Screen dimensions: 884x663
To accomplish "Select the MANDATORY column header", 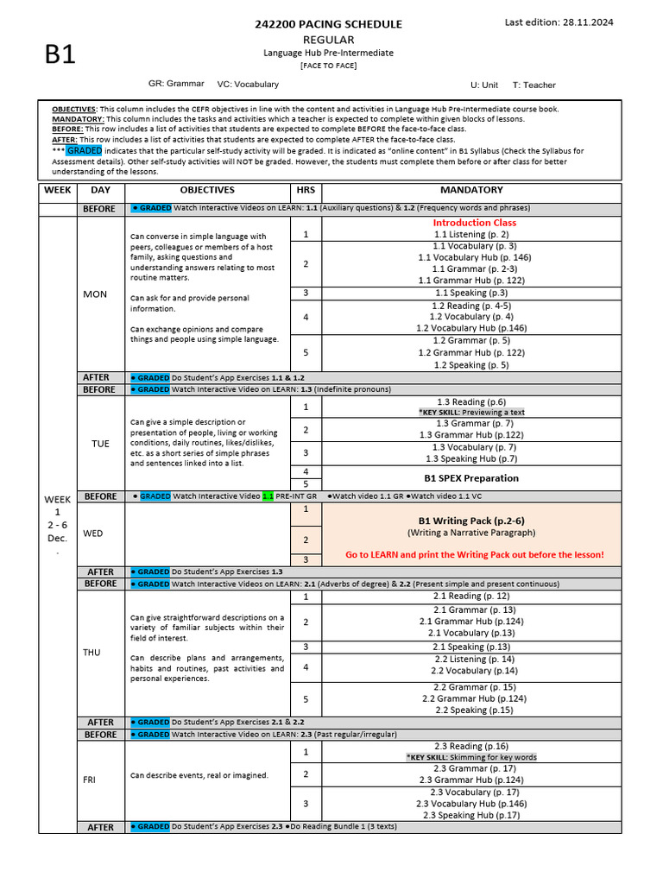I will (x=471, y=190).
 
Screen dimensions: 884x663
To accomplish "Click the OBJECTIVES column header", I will (x=207, y=190).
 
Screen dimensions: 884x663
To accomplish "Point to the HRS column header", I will (x=305, y=190).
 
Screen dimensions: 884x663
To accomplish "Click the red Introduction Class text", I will (x=474, y=222).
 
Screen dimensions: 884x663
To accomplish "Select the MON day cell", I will (x=95, y=294).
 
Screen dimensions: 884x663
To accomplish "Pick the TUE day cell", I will (x=101, y=443).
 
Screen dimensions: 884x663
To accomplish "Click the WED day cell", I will (x=93, y=534).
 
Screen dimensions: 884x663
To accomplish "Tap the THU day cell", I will (x=92, y=653).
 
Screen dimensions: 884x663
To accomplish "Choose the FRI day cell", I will (x=89, y=780).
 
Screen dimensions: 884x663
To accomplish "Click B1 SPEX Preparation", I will (x=471, y=477).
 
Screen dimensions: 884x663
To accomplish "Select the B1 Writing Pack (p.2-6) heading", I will (x=471, y=521).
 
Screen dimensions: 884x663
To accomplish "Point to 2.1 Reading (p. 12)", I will (x=471, y=597).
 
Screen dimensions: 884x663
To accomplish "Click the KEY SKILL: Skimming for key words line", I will (x=471, y=757).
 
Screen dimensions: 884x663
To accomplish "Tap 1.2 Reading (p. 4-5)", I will (x=471, y=306).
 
